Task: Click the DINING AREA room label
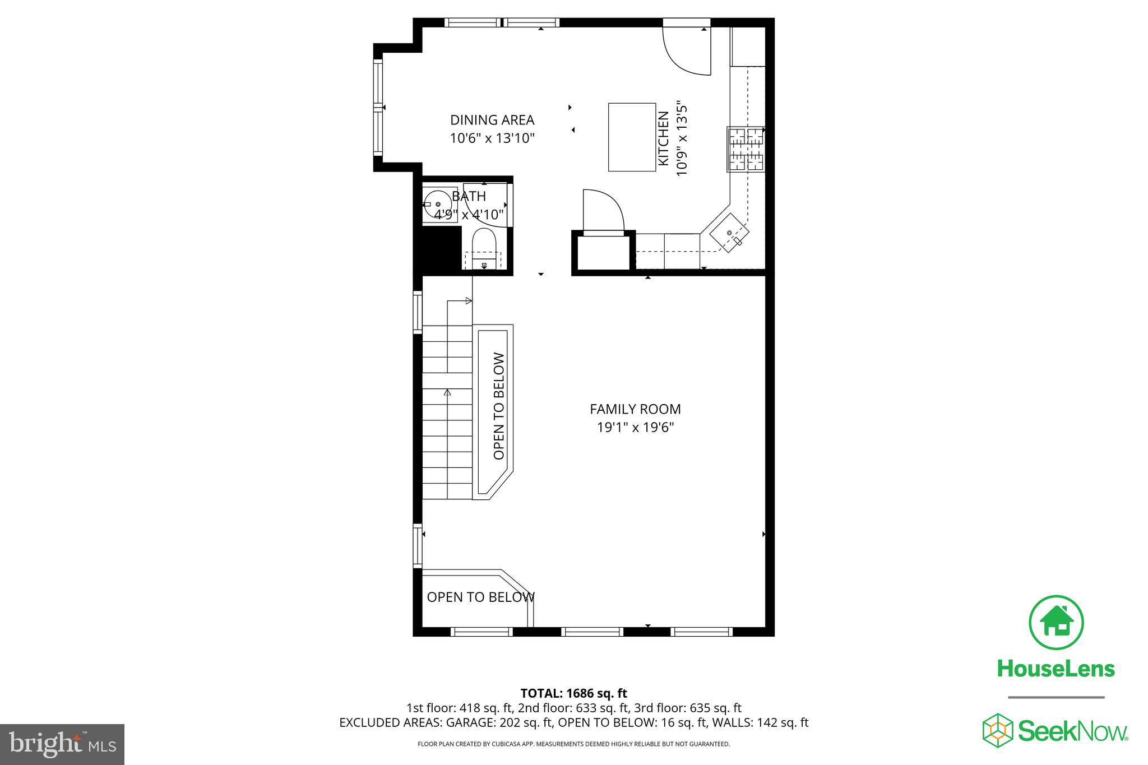[x=492, y=120]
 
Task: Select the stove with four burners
[x=746, y=149]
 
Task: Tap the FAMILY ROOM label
[x=635, y=409]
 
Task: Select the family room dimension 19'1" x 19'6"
[x=635, y=428]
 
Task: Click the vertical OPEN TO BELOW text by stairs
[x=499, y=406]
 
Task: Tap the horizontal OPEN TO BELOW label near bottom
[x=480, y=597]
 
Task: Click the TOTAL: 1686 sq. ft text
[x=573, y=693]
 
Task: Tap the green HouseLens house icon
[x=1056, y=623]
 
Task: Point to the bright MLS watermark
[x=62, y=744]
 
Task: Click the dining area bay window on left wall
[x=378, y=108]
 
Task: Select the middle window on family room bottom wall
[x=592, y=632]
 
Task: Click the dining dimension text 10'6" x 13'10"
[x=492, y=138]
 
